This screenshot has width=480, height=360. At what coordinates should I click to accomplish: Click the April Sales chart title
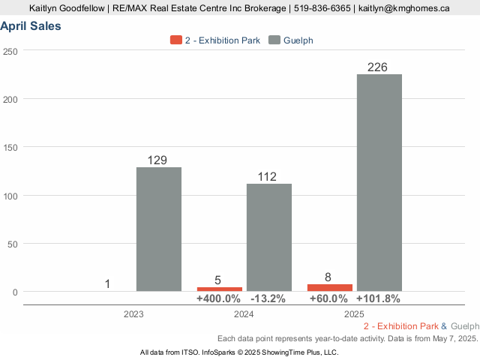click(31, 26)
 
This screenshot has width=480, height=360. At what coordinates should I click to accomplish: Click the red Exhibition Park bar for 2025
click(329, 287)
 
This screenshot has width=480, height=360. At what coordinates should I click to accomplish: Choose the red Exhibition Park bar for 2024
click(219, 289)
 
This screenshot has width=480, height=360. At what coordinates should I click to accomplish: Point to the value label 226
click(377, 67)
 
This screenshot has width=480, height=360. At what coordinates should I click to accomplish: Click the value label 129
click(157, 160)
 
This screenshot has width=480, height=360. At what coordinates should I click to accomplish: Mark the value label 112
click(267, 177)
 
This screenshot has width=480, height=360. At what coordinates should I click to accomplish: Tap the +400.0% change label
click(219, 298)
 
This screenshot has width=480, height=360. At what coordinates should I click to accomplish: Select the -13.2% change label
click(268, 298)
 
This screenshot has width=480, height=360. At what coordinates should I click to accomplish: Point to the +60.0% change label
click(329, 298)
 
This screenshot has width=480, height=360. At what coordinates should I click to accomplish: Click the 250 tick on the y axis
click(10, 51)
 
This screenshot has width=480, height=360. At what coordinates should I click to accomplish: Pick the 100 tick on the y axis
click(10, 196)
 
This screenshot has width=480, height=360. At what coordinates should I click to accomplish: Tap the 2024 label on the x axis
click(243, 314)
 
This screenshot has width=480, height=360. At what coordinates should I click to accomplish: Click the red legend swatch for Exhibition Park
click(176, 40)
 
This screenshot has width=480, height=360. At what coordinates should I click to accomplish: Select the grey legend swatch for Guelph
click(274, 40)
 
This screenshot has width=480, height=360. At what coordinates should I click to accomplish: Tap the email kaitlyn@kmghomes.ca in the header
click(404, 8)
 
